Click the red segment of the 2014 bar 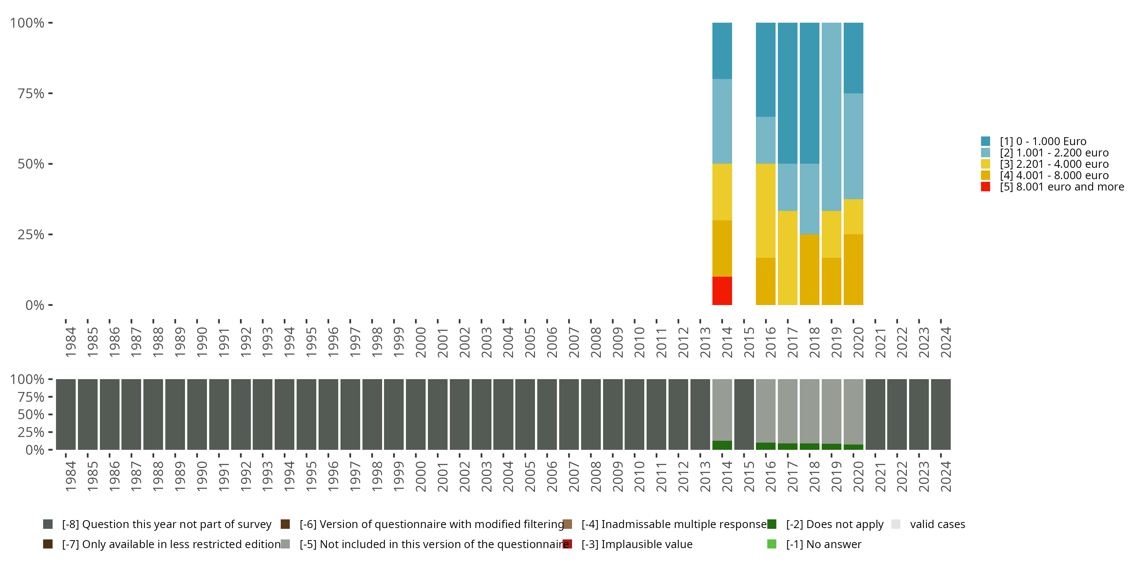(x=722, y=291)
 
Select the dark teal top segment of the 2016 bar (x=765, y=70)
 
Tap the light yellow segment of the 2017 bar (x=787, y=258)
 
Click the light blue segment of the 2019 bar (x=832, y=117)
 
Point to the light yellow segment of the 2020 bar (x=853, y=217)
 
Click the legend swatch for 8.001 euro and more (x=986, y=187)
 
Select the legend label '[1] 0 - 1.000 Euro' (x=1043, y=141)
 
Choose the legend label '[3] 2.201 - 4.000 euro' (x=1054, y=164)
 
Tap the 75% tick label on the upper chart (x=31, y=93)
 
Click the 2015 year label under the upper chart (x=749, y=342)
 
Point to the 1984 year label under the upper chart (x=70, y=342)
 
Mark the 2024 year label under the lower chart (x=945, y=477)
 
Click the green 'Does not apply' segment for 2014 (x=722, y=445)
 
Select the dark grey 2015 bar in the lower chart (x=744, y=414)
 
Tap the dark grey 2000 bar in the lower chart (x=415, y=414)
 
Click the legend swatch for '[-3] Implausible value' (x=567, y=544)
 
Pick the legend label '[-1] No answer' (x=824, y=544)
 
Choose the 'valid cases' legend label (x=937, y=524)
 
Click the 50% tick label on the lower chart (x=31, y=414)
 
